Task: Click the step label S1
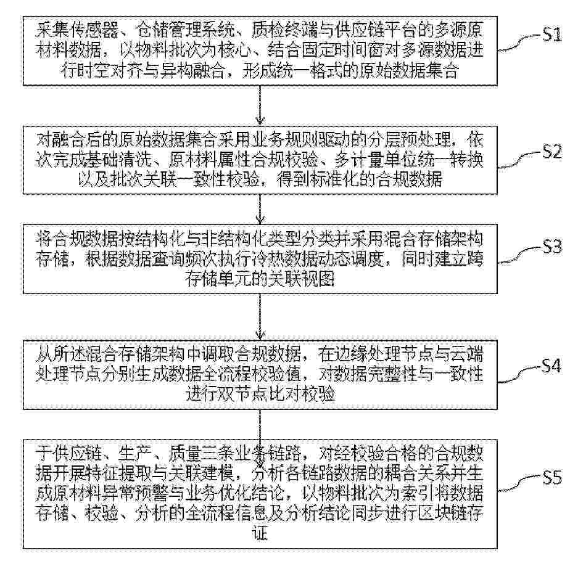click(551, 36)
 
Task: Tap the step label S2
click(551, 152)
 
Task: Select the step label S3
click(551, 247)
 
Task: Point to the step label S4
click(551, 366)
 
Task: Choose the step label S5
click(551, 477)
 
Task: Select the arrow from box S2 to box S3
click(260, 209)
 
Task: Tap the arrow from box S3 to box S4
click(260, 316)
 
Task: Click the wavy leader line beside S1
click(520, 44)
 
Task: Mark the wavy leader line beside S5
click(520, 483)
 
